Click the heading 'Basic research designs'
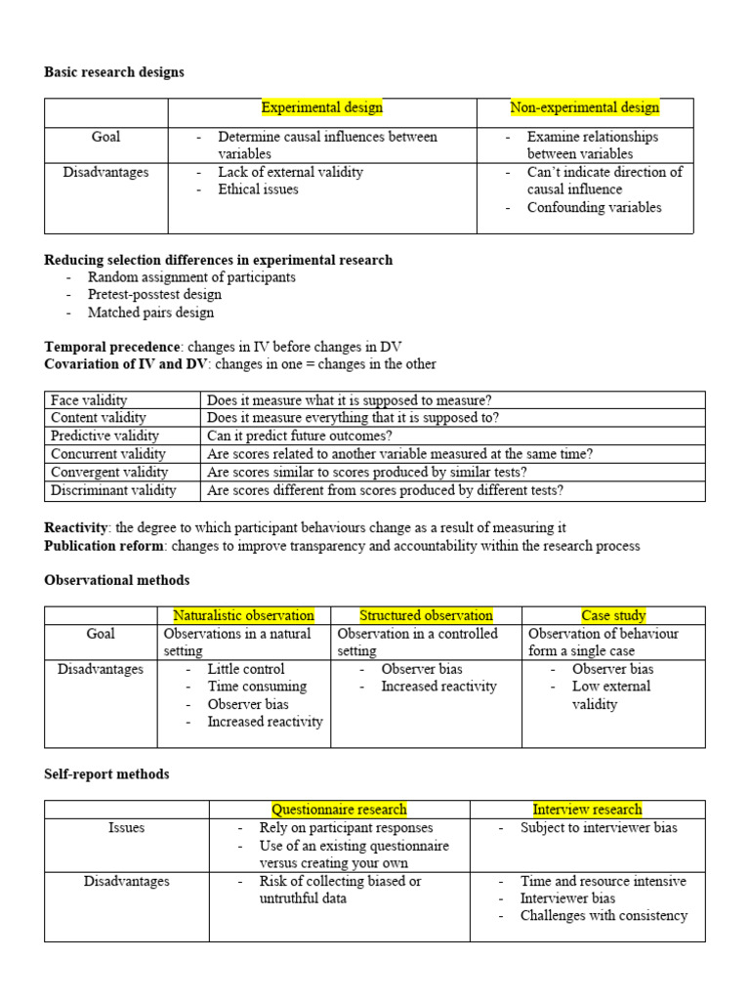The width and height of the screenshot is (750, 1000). pyautogui.click(x=114, y=72)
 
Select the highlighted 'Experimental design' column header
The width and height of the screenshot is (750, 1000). pyautogui.click(x=321, y=107)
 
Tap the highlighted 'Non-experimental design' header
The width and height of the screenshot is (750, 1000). pyautogui.click(x=585, y=107)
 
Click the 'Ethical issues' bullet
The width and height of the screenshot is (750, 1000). pyautogui.click(x=258, y=189)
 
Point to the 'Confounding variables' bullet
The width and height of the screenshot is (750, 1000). pyautogui.click(x=594, y=207)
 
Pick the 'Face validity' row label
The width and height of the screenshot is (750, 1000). pyautogui.click(x=90, y=400)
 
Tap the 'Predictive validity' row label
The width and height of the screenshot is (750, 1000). pyautogui.click(x=104, y=437)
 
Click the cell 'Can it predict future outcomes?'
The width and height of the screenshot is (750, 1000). pyautogui.click(x=300, y=437)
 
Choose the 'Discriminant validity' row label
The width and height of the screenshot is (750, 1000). pyautogui.click(x=113, y=490)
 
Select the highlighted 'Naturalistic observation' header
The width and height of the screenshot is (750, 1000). pyautogui.click(x=243, y=615)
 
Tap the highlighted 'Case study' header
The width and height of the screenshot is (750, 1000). pyautogui.click(x=613, y=615)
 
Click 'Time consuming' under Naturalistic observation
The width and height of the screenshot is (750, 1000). pyautogui.click(x=257, y=687)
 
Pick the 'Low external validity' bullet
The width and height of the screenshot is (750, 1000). pyautogui.click(x=611, y=694)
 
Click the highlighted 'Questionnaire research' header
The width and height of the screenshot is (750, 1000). pyautogui.click(x=339, y=810)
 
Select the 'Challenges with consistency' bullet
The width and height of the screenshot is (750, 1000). pyautogui.click(x=604, y=916)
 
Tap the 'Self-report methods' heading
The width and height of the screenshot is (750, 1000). pyautogui.click(x=106, y=774)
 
